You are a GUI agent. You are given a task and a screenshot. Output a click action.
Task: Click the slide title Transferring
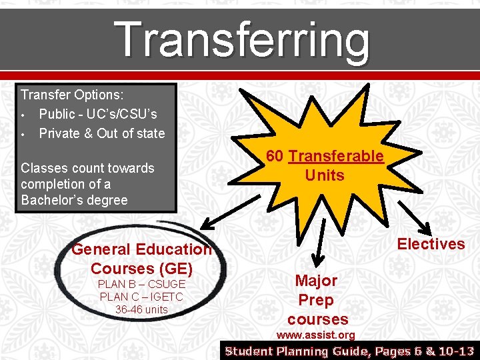[242, 39]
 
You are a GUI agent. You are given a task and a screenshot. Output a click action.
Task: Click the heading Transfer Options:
[67, 95]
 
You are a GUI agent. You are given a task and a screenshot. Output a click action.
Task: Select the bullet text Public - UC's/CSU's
[98, 114]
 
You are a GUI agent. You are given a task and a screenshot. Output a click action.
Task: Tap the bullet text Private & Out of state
[101, 133]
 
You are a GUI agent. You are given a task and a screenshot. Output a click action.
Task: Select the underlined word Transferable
[336, 157]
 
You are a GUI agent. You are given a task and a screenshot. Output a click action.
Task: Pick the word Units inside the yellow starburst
[325, 175]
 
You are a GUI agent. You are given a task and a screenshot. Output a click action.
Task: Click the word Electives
[431, 244]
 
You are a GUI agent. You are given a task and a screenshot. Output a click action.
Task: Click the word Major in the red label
[316, 281]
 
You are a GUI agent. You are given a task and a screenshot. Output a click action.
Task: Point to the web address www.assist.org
[315, 335]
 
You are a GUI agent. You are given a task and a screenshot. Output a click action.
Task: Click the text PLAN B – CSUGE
[141, 285]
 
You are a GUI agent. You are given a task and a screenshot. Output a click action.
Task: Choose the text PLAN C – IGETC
[141, 297]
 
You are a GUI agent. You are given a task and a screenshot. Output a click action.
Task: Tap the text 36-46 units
[141, 309]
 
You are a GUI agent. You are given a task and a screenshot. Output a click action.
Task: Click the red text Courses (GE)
[141, 269]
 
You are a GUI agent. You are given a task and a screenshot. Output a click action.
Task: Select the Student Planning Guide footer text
[350, 351]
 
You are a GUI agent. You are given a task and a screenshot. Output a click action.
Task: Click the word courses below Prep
[318, 319]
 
